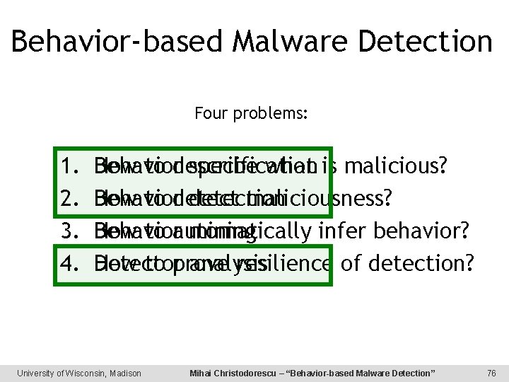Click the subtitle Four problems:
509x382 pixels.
tap(251, 112)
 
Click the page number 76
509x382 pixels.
tap(492, 373)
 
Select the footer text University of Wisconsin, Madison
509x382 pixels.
tap(79, 373)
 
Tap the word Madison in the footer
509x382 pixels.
tap(124, 373)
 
